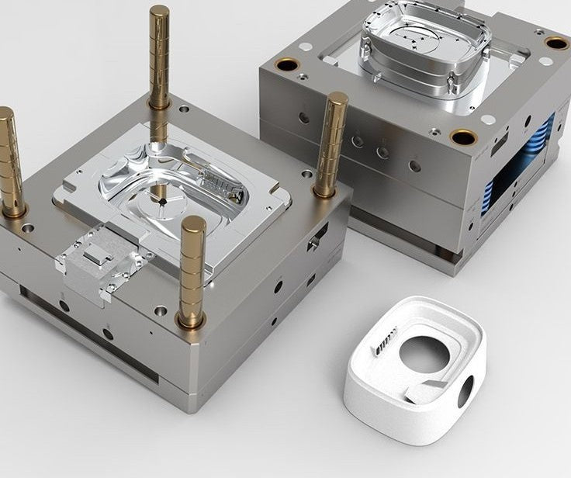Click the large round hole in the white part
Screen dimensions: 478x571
(x=424, y=355)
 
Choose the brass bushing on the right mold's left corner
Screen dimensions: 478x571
(x=286, y=64)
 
